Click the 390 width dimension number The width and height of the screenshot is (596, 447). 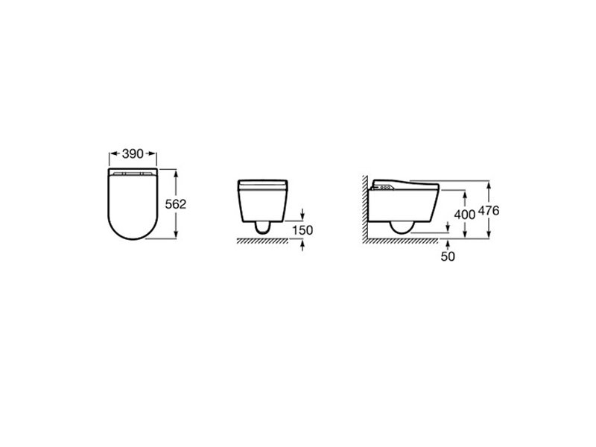(133, 154)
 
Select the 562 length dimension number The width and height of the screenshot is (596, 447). (176, 204)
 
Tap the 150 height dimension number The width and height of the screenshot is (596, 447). (302, 230)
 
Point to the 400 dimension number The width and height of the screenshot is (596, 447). (465, 215)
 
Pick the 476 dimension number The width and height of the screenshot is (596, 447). (489, 211)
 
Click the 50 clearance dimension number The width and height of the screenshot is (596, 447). (448, 256)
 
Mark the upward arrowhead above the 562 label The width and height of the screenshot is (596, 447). (176, 174)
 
